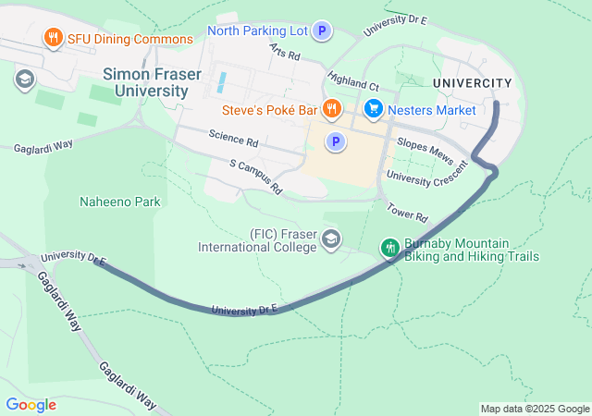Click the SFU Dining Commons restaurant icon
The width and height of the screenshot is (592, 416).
coord(53,39)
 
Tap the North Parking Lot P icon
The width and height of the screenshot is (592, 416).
coord(322,31)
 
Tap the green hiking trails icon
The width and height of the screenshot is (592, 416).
coord(390,248)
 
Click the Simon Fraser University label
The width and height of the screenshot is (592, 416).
coord(145,81)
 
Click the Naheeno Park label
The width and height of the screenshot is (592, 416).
coord(119,202)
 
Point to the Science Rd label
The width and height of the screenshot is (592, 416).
coord(233,141)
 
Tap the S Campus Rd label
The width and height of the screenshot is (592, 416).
coord(255,177)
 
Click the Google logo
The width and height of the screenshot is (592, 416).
coord(31,405)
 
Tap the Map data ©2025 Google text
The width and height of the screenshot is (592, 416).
coord(535,409)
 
